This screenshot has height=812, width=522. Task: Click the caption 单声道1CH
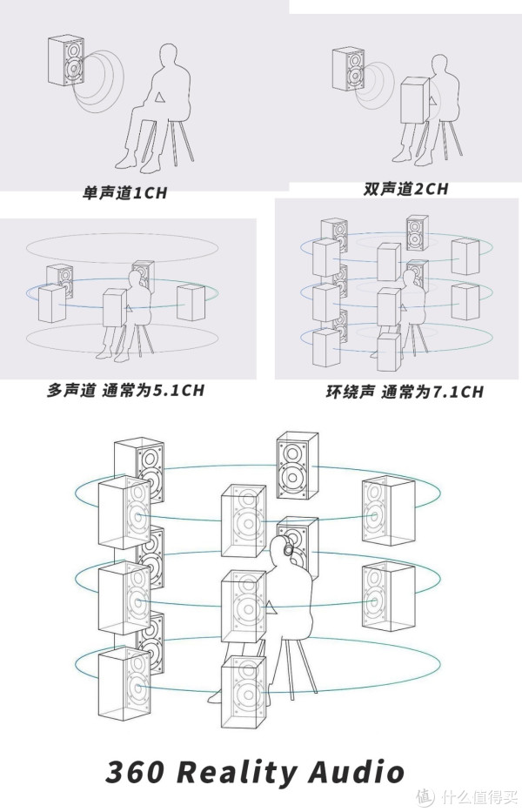click(124, 193)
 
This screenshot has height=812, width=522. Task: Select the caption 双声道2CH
click(405, 189)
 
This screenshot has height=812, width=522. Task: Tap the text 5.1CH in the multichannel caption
click(177, 390)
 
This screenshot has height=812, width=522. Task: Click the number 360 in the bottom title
click(138, 771)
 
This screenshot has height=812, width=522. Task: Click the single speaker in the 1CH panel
click(68, 61)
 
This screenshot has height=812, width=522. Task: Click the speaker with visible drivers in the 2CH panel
click(349, 70)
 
